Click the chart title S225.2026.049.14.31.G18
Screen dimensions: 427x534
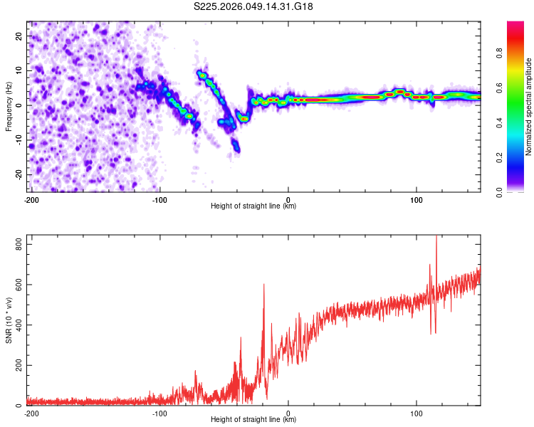[254, 7]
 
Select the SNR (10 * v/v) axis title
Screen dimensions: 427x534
[9, 321]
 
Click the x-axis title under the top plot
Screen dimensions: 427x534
[253, 206]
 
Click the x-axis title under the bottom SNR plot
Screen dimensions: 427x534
[253, 420]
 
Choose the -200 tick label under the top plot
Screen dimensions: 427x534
[31, 199]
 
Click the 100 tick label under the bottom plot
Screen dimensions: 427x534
[417, 413]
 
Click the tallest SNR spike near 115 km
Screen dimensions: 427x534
[436, 238]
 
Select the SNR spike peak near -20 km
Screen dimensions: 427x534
[263, 285]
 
